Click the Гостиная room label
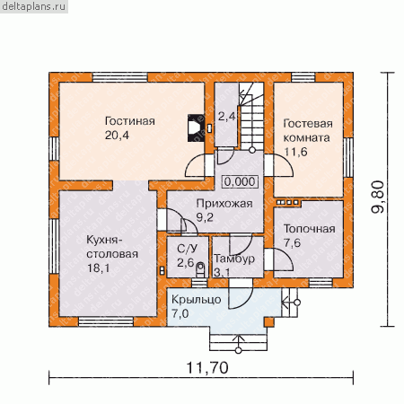tap(130, 121)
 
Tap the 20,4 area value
tap(117, 136)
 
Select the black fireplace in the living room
tap(196, 127)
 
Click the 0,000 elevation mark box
tap(240, 181)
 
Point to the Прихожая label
tap(224, 204)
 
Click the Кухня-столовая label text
tap(112, 247)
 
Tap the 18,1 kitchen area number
tap(98, 268)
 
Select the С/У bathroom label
tap(188, 249)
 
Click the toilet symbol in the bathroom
tap(200, 269)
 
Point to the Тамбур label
tap(234, 259)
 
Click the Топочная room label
tap(309, 229)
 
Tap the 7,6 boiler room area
tap(292, 242)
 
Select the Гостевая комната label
tap(308, 130)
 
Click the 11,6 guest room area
tap(295, 152)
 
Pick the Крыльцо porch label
tap(197, 300)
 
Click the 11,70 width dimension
tap(207, 367)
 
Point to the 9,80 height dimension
tap(377, 197)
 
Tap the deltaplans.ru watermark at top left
tap(33, 6)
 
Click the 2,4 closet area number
tap(226, 116)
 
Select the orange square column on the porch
tap(269, 321)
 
